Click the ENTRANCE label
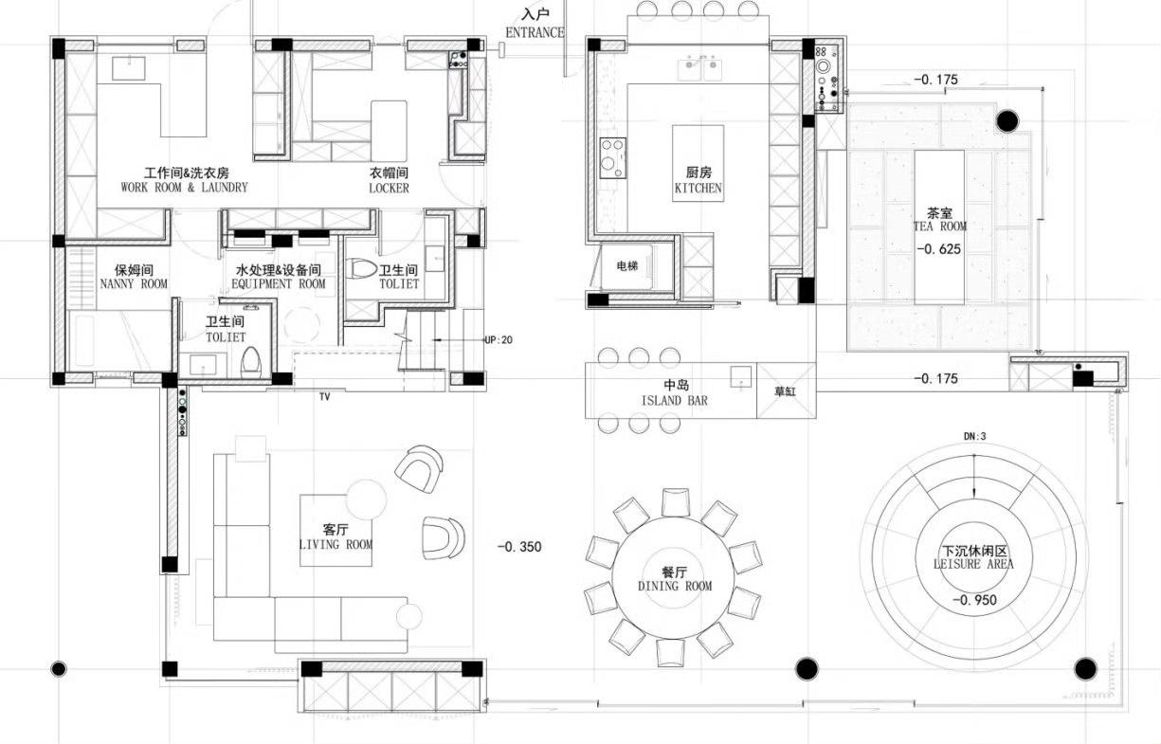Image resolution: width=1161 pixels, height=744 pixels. click(535, 32)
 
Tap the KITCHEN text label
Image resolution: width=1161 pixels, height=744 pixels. click(698, 188)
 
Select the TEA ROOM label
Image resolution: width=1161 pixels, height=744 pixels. click(939, 227)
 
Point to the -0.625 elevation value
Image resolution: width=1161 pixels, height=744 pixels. click(938, 249)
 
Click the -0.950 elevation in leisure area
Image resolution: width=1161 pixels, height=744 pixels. click(974, 600)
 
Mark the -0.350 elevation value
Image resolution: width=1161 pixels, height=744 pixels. click(519, 547)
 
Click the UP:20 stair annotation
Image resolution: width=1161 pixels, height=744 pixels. click(499, 340)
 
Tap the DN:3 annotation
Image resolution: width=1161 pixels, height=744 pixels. click(975, 437)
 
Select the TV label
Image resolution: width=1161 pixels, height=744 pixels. click(324, 396)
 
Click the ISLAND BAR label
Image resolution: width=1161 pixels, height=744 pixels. click(674, 400)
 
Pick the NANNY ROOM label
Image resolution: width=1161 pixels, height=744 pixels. click(134, 283)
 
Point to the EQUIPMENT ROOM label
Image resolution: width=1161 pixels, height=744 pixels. click(279, 283)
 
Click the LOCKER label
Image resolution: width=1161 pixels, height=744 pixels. click(389, 189)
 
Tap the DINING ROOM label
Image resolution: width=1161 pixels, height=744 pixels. click(675, 586)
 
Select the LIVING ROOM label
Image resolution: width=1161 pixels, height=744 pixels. click(336, 544)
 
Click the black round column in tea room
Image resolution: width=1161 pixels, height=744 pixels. click(1007, 121)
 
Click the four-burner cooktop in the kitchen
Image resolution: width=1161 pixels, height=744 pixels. click(612, 157)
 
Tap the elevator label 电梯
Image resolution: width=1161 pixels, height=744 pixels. click(627, 266)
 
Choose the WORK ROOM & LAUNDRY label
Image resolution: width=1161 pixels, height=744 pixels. click(185, 187)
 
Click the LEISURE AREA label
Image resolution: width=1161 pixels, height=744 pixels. click(973, 564)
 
